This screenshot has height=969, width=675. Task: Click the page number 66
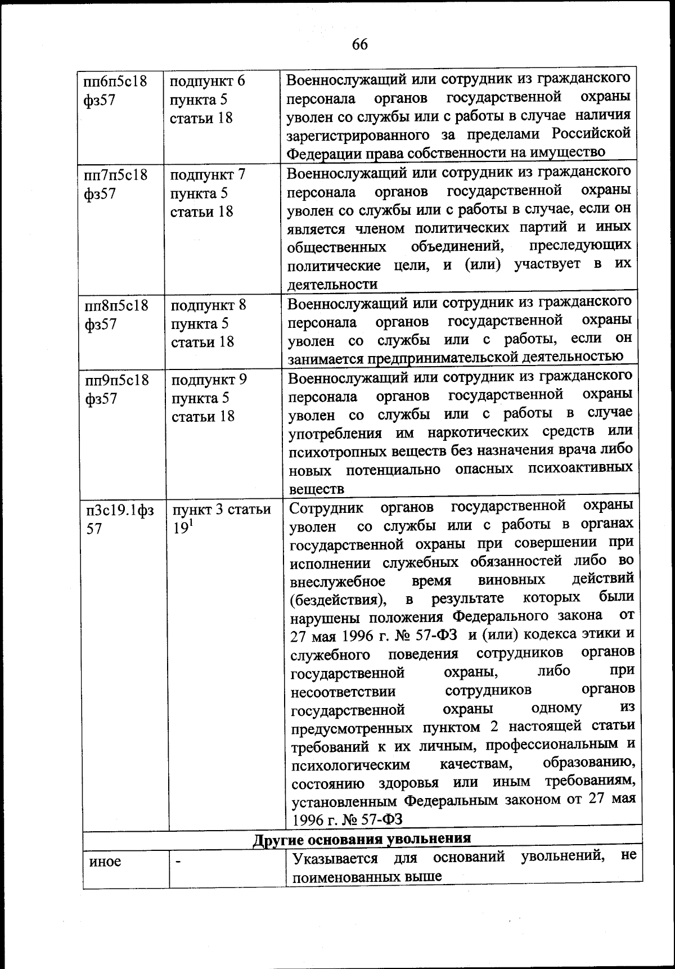[360, 44]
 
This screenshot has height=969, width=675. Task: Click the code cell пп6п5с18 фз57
[115, 90]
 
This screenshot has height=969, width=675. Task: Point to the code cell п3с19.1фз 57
[119, 519]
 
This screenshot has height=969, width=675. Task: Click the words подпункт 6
[208, 81]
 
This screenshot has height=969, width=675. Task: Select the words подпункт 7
[208, 174]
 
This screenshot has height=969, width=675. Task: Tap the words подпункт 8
[209, 305]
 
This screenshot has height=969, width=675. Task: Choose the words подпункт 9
[209, 380]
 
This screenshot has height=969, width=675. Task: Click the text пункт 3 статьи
[222, 510]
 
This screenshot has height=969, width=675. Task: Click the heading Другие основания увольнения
[361, 839]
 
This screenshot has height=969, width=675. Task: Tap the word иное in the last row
[105, 861]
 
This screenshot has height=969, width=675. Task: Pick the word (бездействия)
[338, 600]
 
